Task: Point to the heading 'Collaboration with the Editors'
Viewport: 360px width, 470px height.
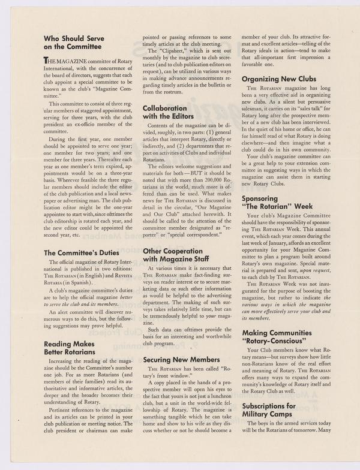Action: (x=172, y=113)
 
